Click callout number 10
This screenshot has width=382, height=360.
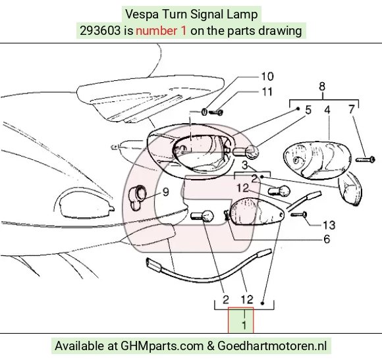pos(267,76)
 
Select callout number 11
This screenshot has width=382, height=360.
pos(267,91)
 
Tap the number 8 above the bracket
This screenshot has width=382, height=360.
pos(322,87)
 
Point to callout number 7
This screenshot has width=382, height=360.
pos(351,109)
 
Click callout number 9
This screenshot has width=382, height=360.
pos(166,192)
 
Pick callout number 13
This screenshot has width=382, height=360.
pos(329,225)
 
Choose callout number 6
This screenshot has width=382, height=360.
pos(327,240)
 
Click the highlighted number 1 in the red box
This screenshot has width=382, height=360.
pos(244,325)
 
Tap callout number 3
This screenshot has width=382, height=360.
pos(245,165)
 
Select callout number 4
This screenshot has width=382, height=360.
pos(327,110)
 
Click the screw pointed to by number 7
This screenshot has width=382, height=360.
pos(365,160)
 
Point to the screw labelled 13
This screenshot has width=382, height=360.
pos(298,215)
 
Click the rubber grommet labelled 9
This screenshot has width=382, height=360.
pos(138,197)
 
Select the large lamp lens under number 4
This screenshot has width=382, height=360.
pos(317,160)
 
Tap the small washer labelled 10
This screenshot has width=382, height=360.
pos(204,112)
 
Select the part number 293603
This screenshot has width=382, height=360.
pos(100,31)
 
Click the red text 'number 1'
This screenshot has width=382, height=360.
pos(161,31)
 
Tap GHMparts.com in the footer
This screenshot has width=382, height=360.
pos(162,346)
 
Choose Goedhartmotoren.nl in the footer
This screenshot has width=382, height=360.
pos(272,346)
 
